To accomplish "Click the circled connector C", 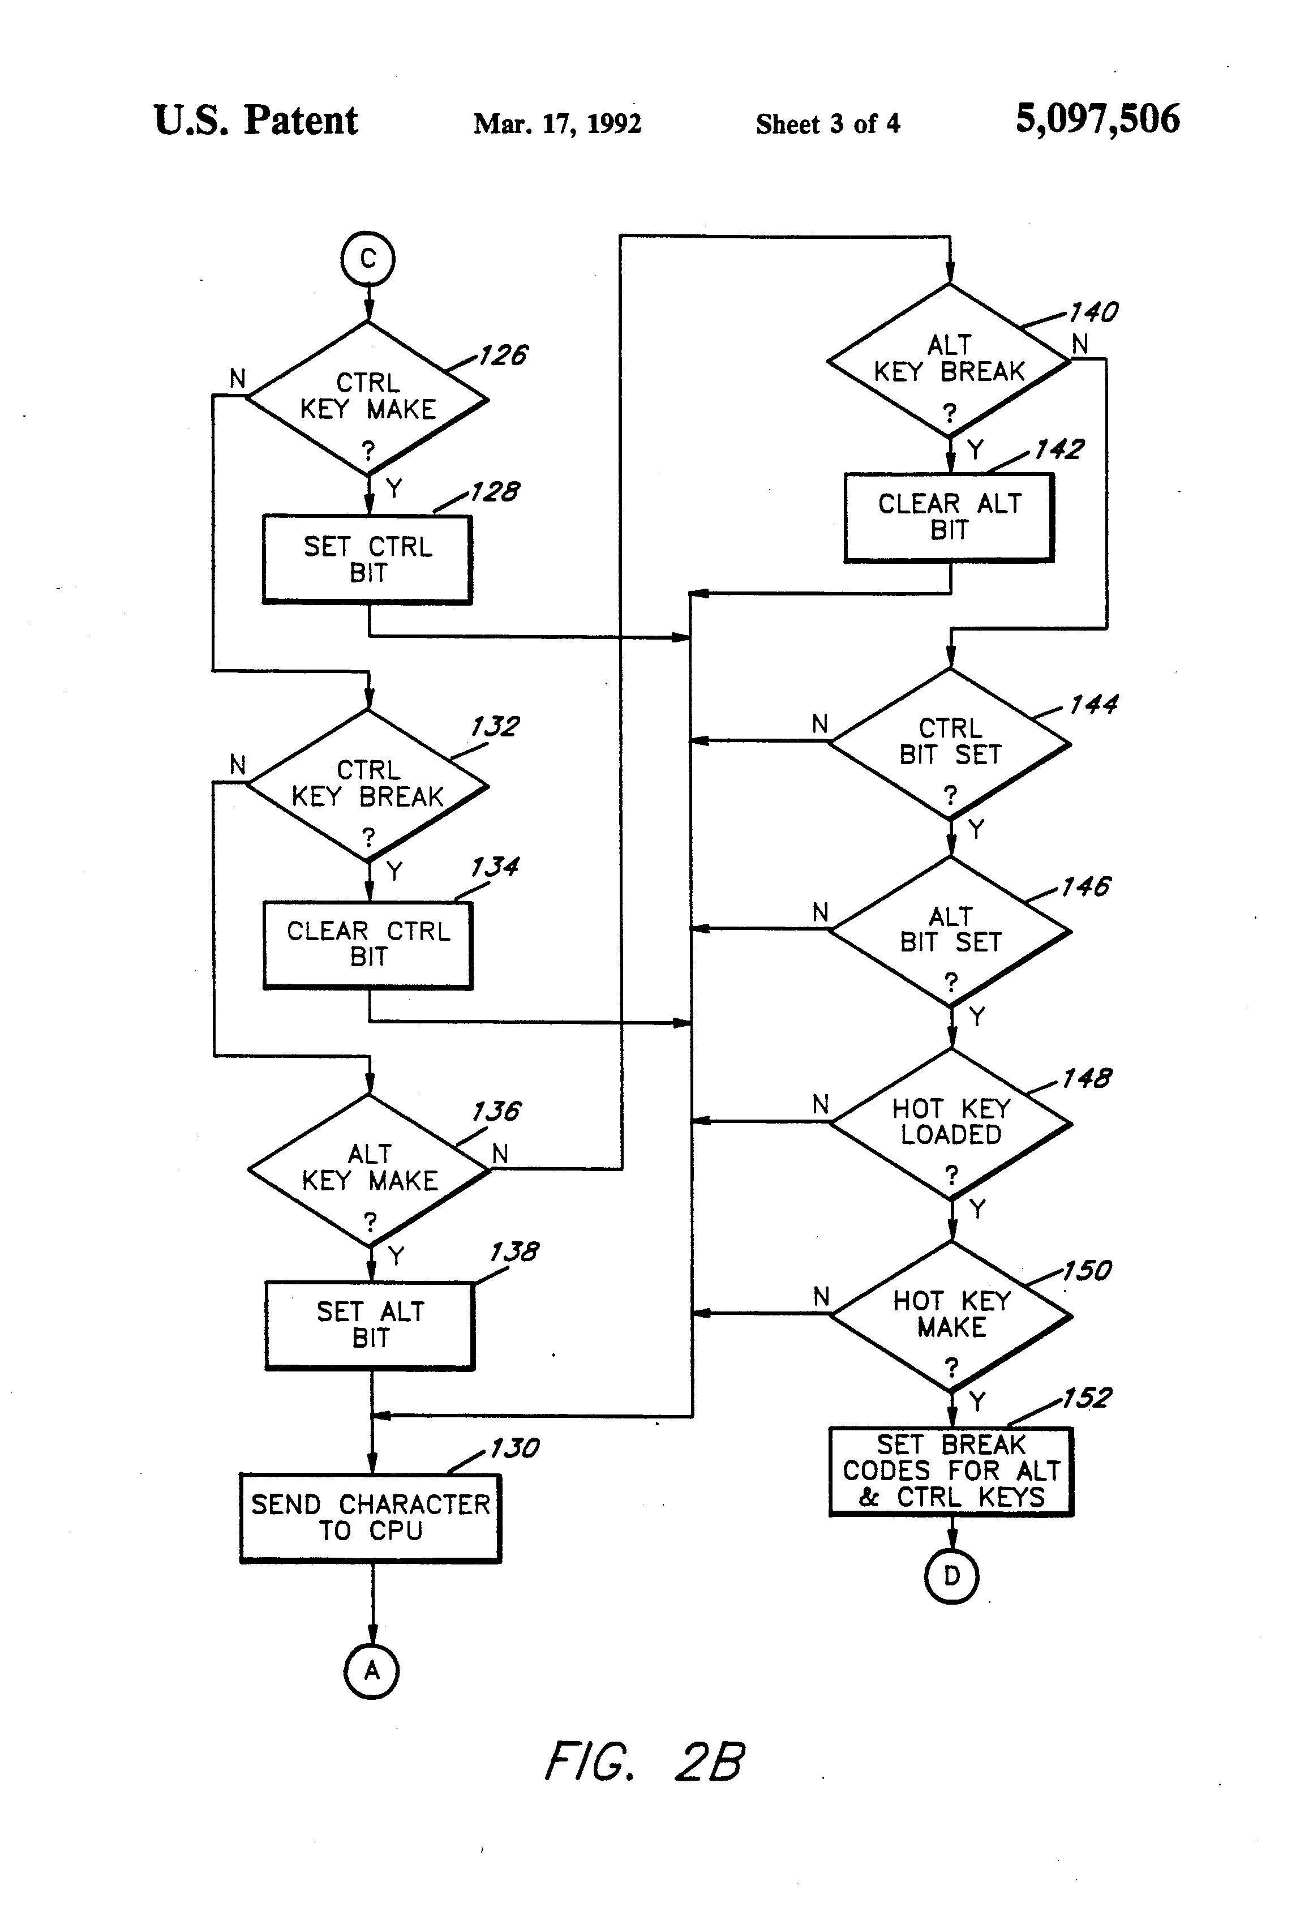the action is tap(368, 259).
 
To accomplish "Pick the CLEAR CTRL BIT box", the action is tap(368, 945).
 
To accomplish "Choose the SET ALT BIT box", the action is tap(370, 1326).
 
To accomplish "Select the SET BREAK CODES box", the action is tap(951, 1472).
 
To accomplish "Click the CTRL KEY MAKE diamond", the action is tap(368, 398).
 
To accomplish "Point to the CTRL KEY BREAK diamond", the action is tap(368, 785).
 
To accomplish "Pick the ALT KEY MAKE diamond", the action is tap(370, 1171).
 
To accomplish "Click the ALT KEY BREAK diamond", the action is tap(950, 360).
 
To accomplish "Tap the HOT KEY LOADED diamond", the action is tap(951, 1124).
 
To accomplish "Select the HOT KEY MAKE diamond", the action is tap(952, 1317).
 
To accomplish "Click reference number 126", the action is tap(502, 355).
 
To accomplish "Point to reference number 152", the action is tap(1087, 1398).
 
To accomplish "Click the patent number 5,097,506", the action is tap(1097, 119).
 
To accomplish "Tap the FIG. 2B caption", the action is tap(644, 1761).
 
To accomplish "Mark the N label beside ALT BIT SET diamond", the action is tap(820, 912).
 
